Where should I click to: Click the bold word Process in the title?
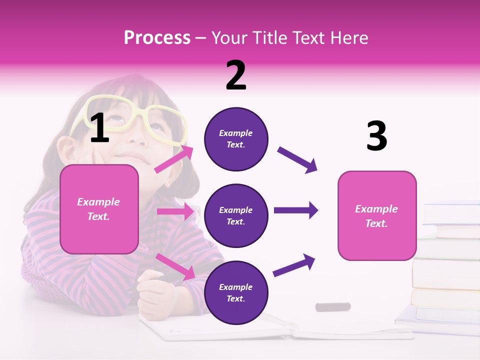157,37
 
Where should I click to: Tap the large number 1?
99,128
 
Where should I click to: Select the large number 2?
236,75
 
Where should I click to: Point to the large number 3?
376,136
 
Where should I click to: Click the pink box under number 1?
99,209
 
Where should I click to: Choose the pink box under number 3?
377,215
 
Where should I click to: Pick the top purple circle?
236,139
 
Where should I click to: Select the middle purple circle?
236,215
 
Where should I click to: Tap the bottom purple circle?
236,292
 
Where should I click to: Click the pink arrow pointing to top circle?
173,159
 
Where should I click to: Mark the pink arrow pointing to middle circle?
175,212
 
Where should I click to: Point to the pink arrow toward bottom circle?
175,266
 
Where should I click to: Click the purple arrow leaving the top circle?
297,160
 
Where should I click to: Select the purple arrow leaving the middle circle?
296,210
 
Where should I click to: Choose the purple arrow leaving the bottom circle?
294,265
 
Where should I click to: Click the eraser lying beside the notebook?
332,306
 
